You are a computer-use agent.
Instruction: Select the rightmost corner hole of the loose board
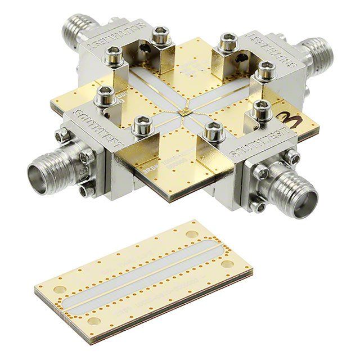(x=228, y=263)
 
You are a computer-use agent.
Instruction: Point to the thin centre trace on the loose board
(x=141, y=276)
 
